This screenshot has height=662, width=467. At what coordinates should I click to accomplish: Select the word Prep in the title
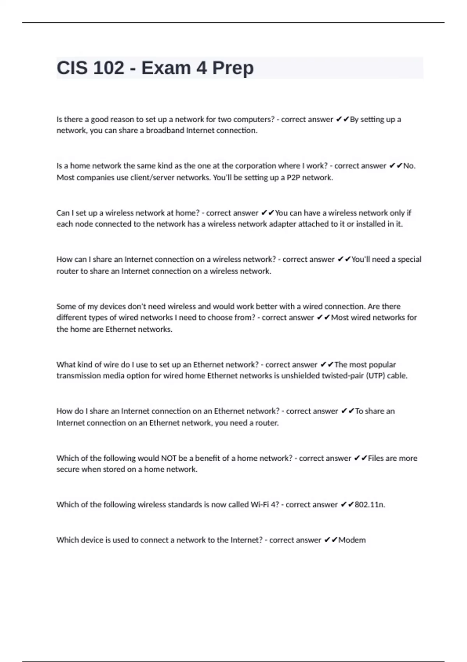(233, 68)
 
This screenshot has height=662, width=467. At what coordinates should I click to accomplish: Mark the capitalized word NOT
(169, 458)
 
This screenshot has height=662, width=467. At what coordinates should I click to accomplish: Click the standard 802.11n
(370, 505)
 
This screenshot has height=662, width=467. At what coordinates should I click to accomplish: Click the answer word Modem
(352, 540)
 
